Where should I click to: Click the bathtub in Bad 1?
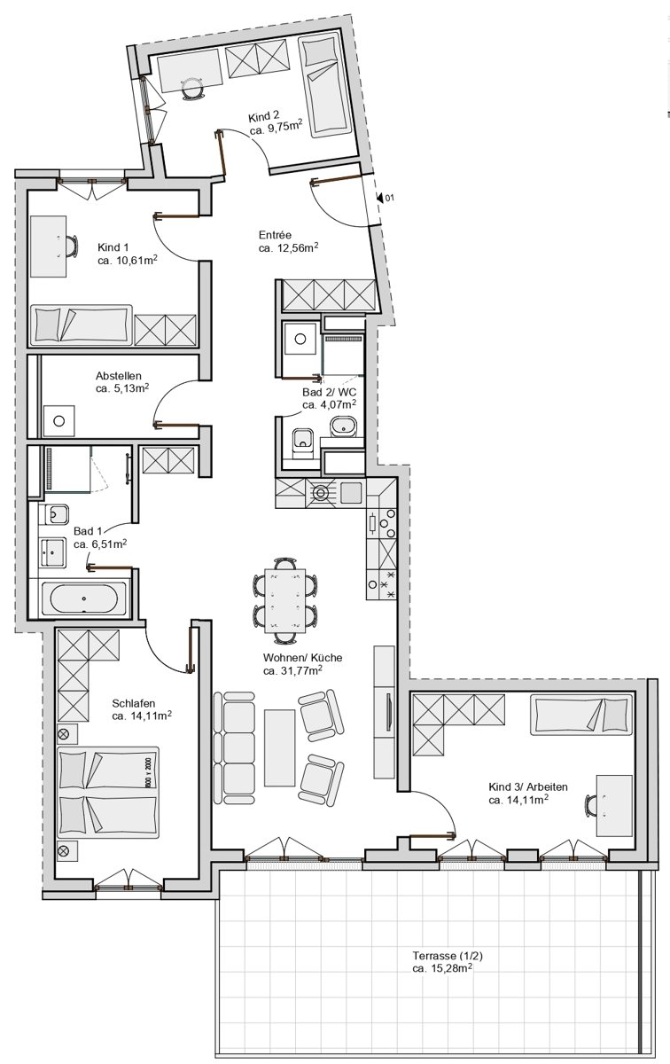[83, 598]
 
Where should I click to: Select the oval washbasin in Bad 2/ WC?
[343, 426]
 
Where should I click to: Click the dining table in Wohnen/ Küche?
[284, 600]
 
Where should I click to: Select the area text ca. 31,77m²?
[293, 670]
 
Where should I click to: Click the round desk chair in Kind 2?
[192, 89]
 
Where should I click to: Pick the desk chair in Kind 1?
[72, 246]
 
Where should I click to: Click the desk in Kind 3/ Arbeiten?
[614, 806]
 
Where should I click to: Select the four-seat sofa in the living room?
[234, 747]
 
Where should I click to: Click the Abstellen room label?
[119, 376]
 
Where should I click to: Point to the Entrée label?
[275, 235]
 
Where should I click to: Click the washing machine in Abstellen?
[58, 420]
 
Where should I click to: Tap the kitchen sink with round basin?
[321, 493]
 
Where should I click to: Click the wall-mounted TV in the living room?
[388, 711]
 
